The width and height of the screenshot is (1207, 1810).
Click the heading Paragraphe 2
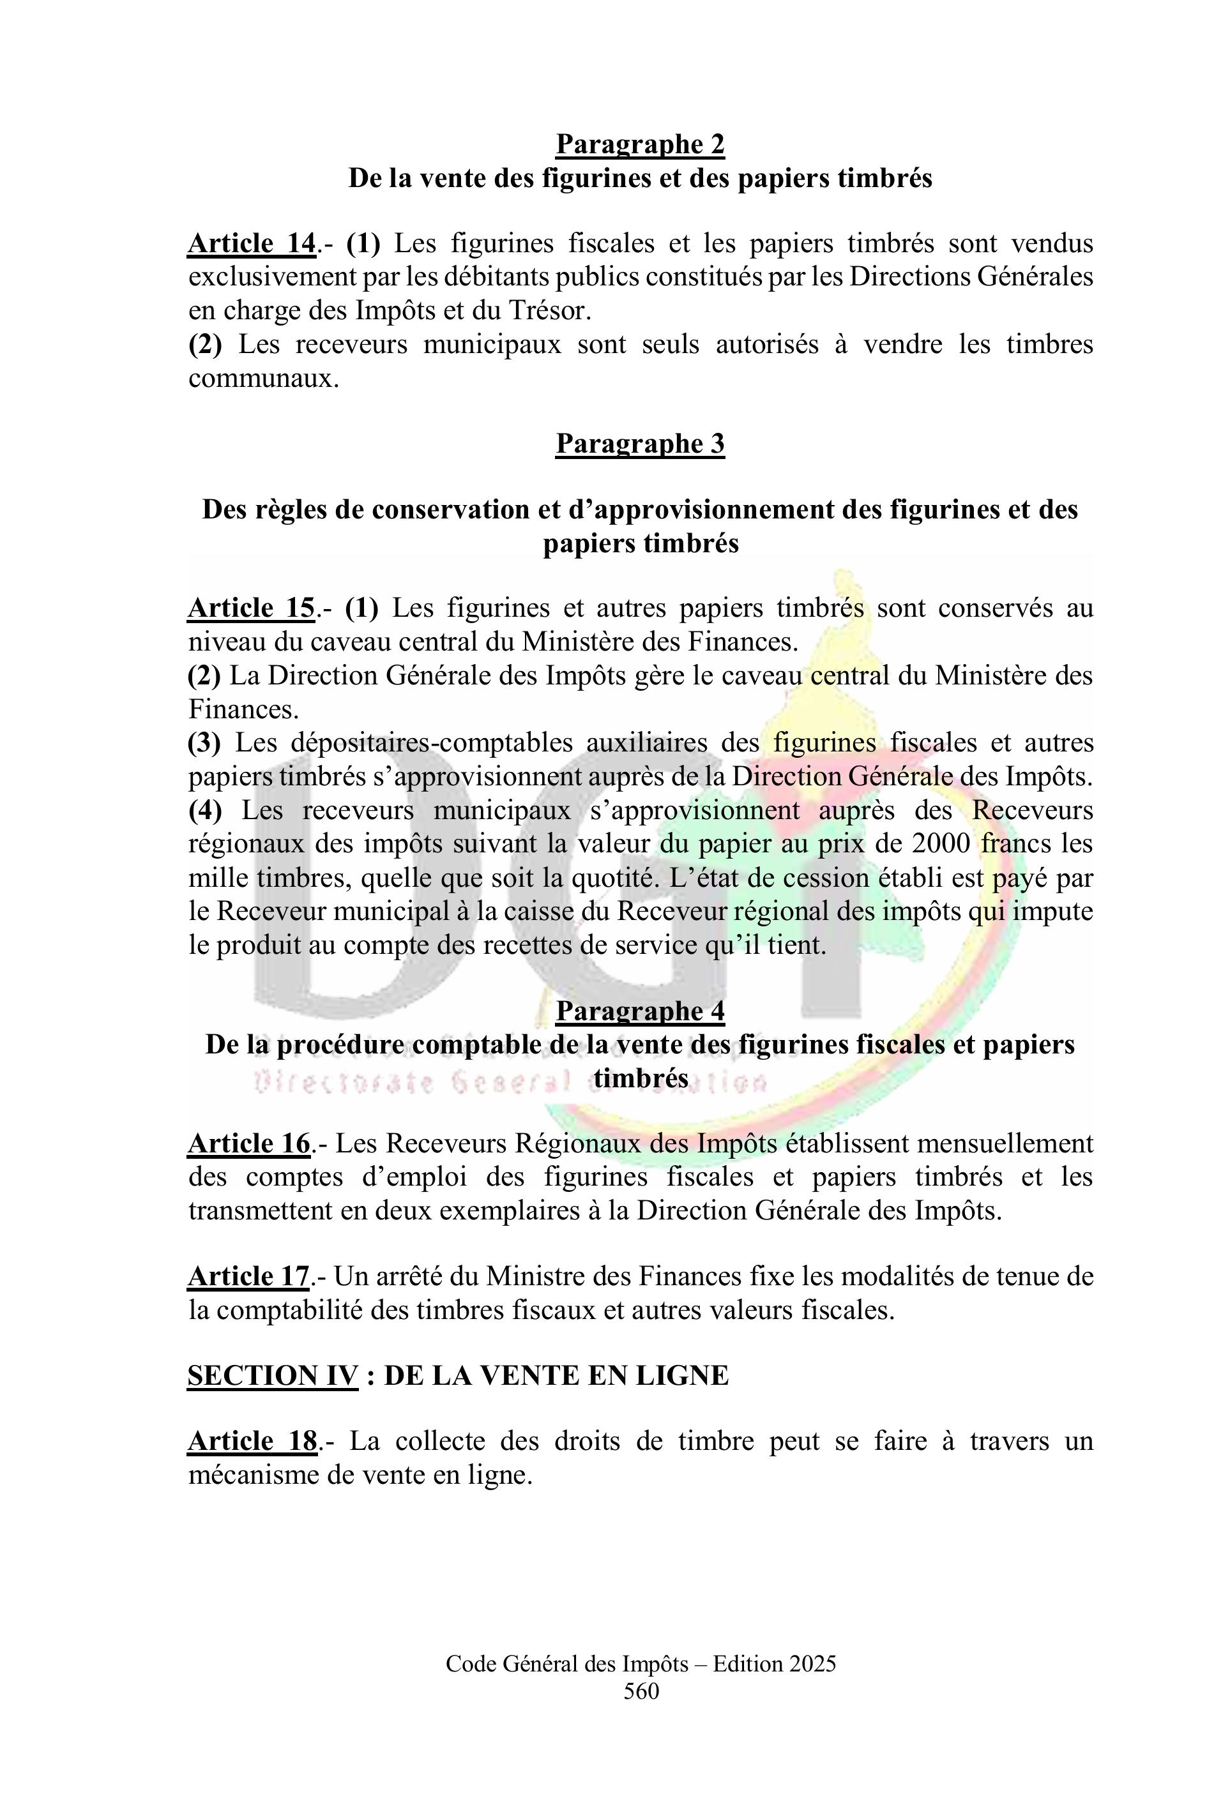click(x=640, y=144)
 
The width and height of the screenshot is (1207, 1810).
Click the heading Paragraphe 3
click(x=640, y=443)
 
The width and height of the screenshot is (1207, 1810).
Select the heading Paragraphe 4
click(x=640, y=1011)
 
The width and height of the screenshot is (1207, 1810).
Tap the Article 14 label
click(x=252, y=243)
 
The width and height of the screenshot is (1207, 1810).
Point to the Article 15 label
click(x=252, y=608)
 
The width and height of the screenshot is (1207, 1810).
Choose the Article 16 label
click(x=248, y=1143)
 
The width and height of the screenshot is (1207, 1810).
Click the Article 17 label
click(x=248, y=1277)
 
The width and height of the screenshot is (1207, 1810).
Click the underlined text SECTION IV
click(x=273, y=1375)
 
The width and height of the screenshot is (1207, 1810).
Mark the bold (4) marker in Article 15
click(x=206, y=810)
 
